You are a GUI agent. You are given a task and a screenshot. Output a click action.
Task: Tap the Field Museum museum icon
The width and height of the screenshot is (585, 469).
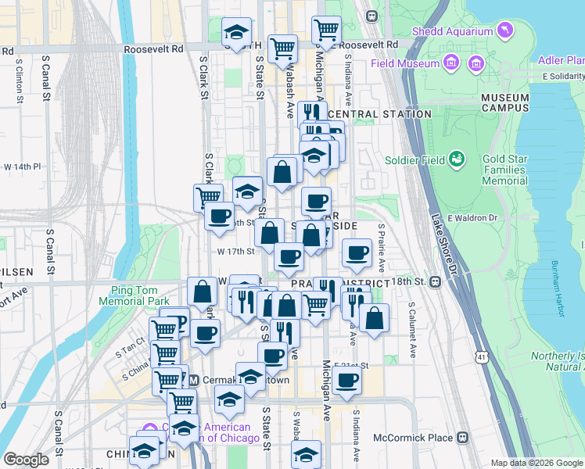point(450,62)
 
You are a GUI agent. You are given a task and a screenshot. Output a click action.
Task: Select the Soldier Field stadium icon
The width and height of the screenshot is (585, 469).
point(456,160)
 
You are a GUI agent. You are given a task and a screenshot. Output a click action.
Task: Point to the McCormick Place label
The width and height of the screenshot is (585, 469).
point(414,438)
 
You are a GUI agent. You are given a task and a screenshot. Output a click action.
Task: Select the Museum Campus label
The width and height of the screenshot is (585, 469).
point(505,102)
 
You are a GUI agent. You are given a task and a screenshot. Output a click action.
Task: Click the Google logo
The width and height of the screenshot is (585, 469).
point(25,460)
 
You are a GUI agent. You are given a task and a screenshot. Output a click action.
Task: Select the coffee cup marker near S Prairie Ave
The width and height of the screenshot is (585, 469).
point(357,252)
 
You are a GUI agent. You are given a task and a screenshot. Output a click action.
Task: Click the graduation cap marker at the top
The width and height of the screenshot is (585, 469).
point(237,32)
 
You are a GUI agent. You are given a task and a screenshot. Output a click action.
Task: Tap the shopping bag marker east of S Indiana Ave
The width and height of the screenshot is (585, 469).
point(375,317)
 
